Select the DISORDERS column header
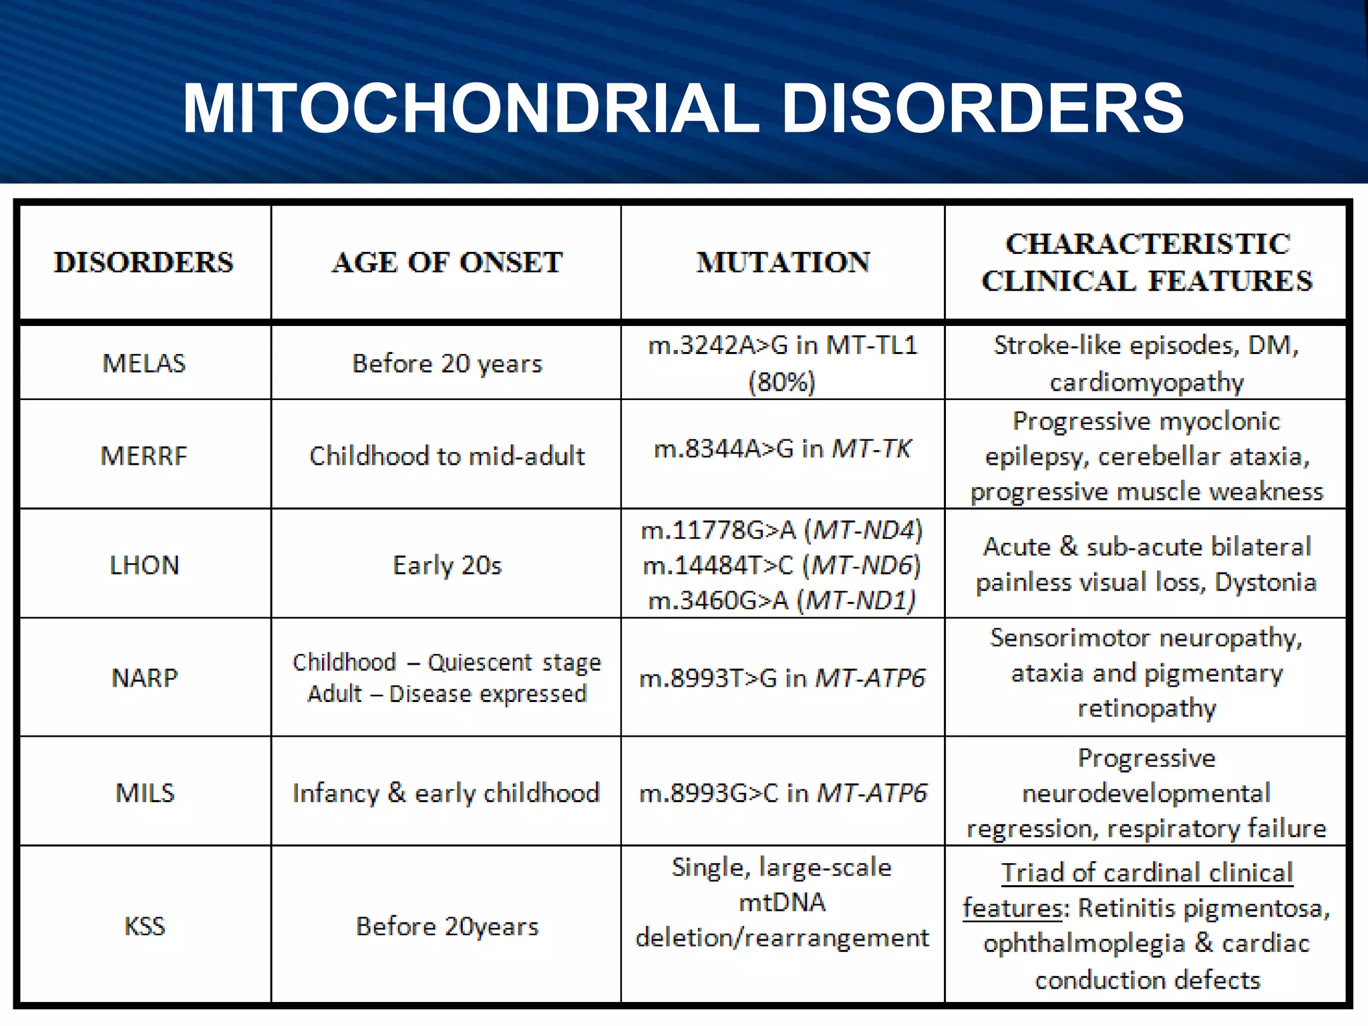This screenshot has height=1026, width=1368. pyautogui.click(x=144, y=263)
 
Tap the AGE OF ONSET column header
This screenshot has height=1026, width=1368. pyautogui.click(x=447, y=263)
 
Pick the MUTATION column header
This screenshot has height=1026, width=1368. pyautogui.click(x=783, y=263)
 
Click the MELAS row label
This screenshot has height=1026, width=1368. pyautogui.click(x=144, y=363)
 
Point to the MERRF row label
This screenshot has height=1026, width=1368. pyautogui.click(x=144, y=456)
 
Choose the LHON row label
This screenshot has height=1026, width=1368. pyautogui.click(x=144, y=566)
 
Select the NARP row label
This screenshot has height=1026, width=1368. pyautogui.click(x=144, y=678)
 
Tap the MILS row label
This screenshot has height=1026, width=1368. pyautogui.click(x=145, y=793)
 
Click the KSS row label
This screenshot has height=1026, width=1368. pyautogui.click(x=144, y=926)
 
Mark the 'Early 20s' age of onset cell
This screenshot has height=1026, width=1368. pyautogui.click(x=447, y=566)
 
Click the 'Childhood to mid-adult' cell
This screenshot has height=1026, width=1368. pyautogui.click(x=447, y=456)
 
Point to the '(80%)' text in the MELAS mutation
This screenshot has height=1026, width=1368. pyautogui.click(x=782, y=383)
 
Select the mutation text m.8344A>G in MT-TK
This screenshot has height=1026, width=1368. pyautogui.click(x=782, y=449)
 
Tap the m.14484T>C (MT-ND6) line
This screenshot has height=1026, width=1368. pyautogui.click(x=782, y=566)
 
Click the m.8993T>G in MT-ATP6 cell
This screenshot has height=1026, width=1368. pyautogui.click(x=782, y=679)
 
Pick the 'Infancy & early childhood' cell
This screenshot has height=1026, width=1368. pyautogui.click(x=446, y=793)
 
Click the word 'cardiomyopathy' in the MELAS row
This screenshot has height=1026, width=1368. pyautogui.click(x=1147, y=383)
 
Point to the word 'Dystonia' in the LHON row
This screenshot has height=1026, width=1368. pyautogui.click(x=1265, y=582)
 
